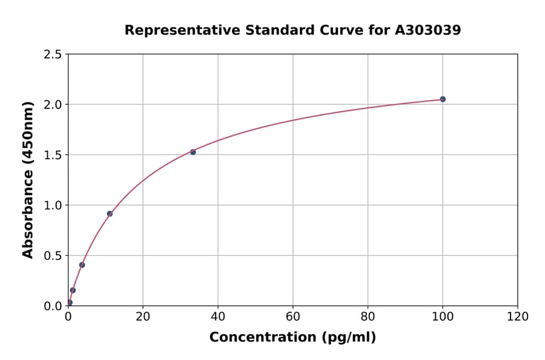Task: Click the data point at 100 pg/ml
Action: (x=443, y=99)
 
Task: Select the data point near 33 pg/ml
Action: (x=193, y=152)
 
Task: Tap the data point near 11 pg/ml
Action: (x=110, y=213)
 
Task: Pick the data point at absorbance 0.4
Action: (x=82, y=265)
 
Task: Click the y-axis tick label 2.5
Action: (x=53, y=55)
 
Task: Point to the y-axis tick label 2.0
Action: (x=53, y=105)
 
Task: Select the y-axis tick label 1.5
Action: (x=53, y=155)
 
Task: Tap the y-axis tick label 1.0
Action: (x=53, y=205)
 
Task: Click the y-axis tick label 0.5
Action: (x=53, y=256)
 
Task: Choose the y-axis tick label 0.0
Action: (x=53, y=306)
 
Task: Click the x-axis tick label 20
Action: (x=143, y=316)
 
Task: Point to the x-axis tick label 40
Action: (x=218, y=316)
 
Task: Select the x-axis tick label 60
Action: (x=293, y=316)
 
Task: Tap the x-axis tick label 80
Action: (x=368, y=316)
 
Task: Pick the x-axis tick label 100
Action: (x=443, y=316)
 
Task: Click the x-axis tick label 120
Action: (x=518, y=316)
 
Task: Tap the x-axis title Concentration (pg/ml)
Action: (x=292, y=338)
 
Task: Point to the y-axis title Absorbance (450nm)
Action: (x=28, y=179)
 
